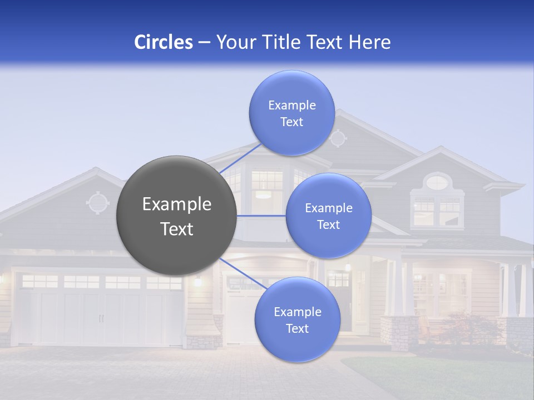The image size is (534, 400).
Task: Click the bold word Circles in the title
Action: (x=164, y=42)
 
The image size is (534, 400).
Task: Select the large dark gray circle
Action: (x=176, y=216)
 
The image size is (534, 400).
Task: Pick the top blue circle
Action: (x=291, y=113)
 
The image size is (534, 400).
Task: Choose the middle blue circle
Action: (x=328, y=216)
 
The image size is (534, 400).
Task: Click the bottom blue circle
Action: (x=297, y=319)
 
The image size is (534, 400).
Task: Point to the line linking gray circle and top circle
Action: (x=241, y=158)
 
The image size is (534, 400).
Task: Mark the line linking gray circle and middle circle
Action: (x=261, y=216)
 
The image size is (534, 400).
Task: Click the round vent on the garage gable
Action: (x=98, y=203)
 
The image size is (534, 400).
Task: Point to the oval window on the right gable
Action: (x=438, y=182)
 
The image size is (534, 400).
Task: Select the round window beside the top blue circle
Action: (x=338, y=138)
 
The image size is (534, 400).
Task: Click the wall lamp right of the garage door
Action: (x=198, y=281)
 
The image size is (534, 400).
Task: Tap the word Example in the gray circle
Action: (x=176, y=204)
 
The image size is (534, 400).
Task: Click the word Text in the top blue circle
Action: (x=291, y=122)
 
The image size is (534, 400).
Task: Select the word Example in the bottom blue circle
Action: (x=297, y=312)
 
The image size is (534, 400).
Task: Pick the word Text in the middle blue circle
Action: (x=328, y=225)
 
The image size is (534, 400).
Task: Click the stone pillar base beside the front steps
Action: (x=398, y=332)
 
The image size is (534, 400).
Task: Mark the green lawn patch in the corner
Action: (x=445, y=378)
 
